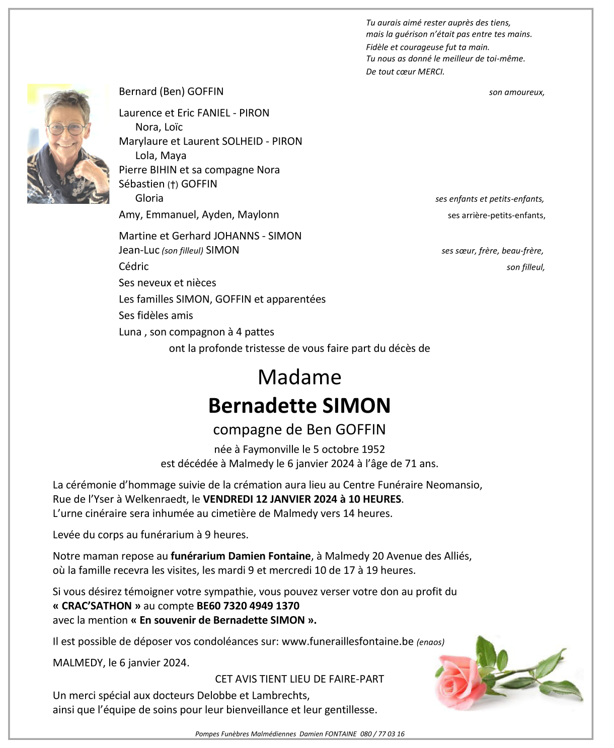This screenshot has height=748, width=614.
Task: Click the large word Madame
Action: (x=299, y=378)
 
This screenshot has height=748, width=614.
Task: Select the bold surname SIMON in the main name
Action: (x=356, y=406)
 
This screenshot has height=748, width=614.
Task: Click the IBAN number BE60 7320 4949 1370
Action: (x=248, y=606)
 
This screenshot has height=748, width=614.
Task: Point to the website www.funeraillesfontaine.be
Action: (x=347, y=642)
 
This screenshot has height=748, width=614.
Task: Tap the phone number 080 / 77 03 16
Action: (x=382, y=734)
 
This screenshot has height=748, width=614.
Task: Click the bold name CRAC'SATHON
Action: (x=97, y=606)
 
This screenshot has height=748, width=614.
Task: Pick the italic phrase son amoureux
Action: (x=516, y=93)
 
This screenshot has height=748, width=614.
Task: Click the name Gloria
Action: (x=149, y=198)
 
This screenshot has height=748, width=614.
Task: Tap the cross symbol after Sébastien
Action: (x=173, y=185)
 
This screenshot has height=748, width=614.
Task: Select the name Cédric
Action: (x=134, y=267)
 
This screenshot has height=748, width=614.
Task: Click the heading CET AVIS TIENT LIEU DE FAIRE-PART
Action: (x=299, y=679)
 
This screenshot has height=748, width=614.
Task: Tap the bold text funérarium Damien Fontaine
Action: (x=241, y=556)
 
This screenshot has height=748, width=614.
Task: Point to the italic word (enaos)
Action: (x=430, y=642)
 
